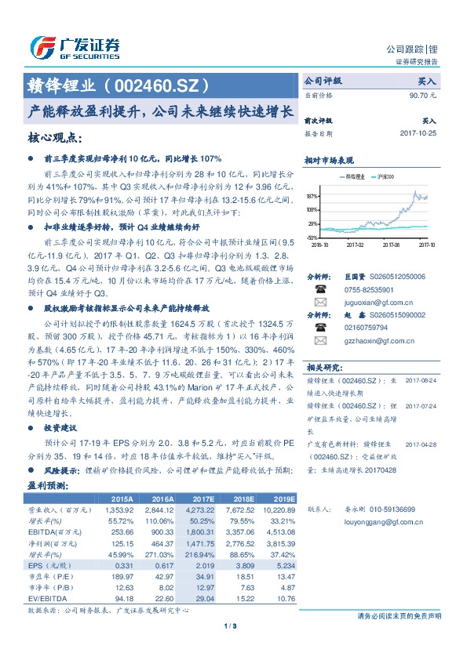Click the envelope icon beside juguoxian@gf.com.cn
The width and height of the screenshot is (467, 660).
click(x=320, y=301)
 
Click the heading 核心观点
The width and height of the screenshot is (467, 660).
click(x=55, y=139)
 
